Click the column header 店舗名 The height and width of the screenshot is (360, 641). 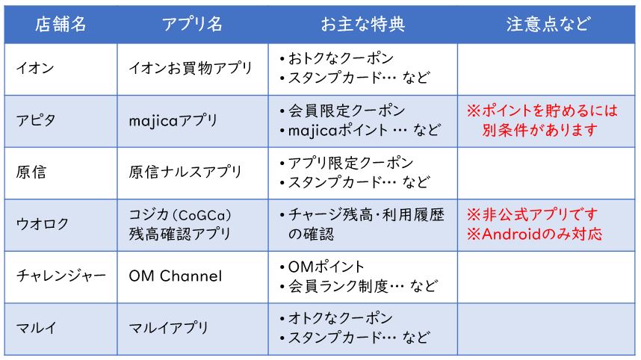[x=61, y=24]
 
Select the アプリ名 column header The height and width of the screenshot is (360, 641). [x=192, y=24]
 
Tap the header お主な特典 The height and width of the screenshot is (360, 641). [x=362, y=24]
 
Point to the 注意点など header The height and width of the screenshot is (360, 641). [x=548, y=24]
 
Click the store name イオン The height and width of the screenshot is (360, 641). [x=35, y=68]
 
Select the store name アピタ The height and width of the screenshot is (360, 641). [x=36, y=120]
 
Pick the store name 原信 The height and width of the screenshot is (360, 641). [x=31, y=172]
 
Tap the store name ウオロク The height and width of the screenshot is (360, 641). [x=43, y=224]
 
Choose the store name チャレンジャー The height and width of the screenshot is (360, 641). [x=61, y=276]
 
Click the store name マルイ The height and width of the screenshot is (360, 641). [x=36, y=328]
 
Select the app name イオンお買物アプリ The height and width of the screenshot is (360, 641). [x=191, y=68]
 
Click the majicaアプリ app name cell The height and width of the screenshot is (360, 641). [x=173, y=120]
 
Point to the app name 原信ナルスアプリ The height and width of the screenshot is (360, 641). [x=185, y=172]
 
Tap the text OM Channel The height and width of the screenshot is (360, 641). [x=176, y=276]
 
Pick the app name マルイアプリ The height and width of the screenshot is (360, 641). [x=168, y=328]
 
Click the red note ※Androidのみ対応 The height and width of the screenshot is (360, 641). [x=534, y=234]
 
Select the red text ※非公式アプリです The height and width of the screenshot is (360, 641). [x=532, y=214]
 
